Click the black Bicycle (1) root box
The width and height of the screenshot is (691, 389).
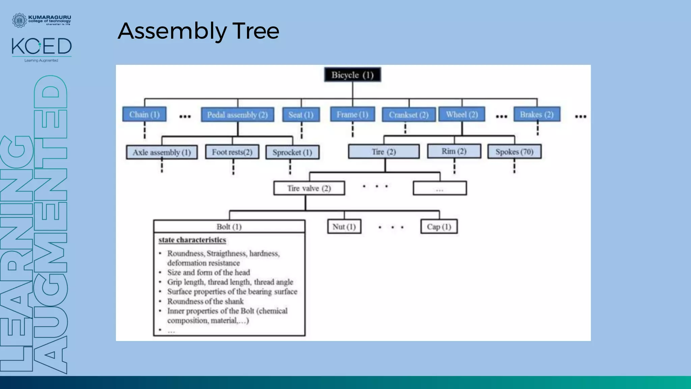(353, 75)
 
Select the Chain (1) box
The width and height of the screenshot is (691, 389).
(144, 114)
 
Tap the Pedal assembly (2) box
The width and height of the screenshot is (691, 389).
(238, 115)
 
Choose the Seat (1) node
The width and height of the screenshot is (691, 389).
(301, 115)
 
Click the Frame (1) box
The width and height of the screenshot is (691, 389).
(353, 114)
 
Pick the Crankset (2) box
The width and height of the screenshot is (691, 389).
(409, 115)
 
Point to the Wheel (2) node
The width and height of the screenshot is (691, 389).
(462, 114)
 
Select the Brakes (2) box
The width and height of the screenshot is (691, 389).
(537, 114)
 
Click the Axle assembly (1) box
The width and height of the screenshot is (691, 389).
(162, 152)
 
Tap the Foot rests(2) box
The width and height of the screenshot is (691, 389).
(232, 152)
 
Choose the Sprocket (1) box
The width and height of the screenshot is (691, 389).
(292, 152)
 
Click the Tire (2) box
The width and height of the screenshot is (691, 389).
(384, 152)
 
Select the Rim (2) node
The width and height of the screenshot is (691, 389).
(454, 151)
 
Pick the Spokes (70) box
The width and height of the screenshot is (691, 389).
(515, 152)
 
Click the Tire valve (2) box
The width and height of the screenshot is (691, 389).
(309, 188)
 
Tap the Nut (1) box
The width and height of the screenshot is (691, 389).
(344, 227)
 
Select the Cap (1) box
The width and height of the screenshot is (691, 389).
(439, 227)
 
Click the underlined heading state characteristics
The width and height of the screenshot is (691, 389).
(192, 240)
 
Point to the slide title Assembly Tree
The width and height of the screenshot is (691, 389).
(198, 31)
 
